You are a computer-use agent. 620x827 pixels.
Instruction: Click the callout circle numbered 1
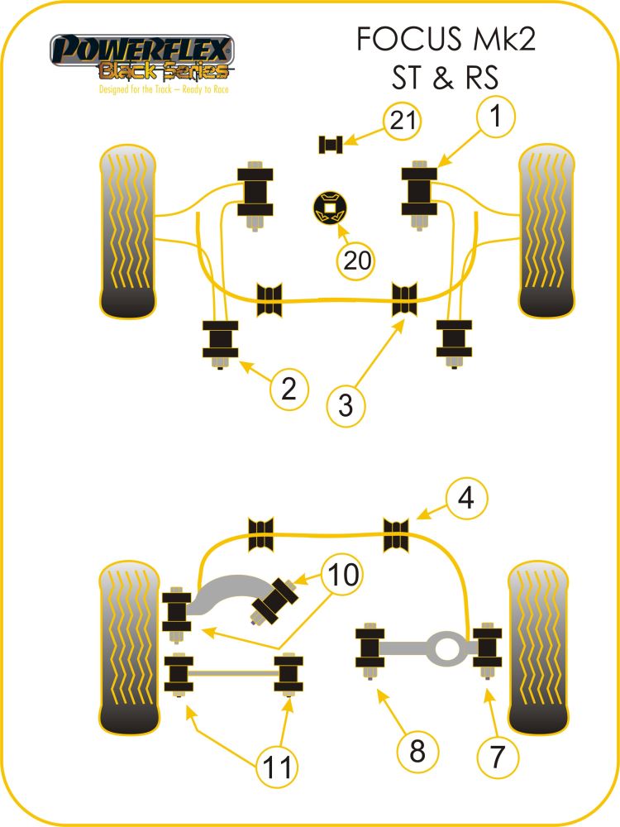point(495,118)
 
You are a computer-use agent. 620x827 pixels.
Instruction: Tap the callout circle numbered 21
point(402,122)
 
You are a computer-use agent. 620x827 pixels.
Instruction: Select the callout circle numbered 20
point(355,261)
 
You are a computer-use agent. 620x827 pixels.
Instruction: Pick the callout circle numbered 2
point(288,388)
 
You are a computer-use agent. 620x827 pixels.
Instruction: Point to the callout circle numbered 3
point(346,405)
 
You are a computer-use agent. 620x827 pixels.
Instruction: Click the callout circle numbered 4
point(467,500)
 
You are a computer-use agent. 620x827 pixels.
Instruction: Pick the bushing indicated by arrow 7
point(489,646)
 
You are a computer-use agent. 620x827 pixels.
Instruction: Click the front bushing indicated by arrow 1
point(420,189)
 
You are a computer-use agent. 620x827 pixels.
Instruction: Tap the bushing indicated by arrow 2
point(220,340)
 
